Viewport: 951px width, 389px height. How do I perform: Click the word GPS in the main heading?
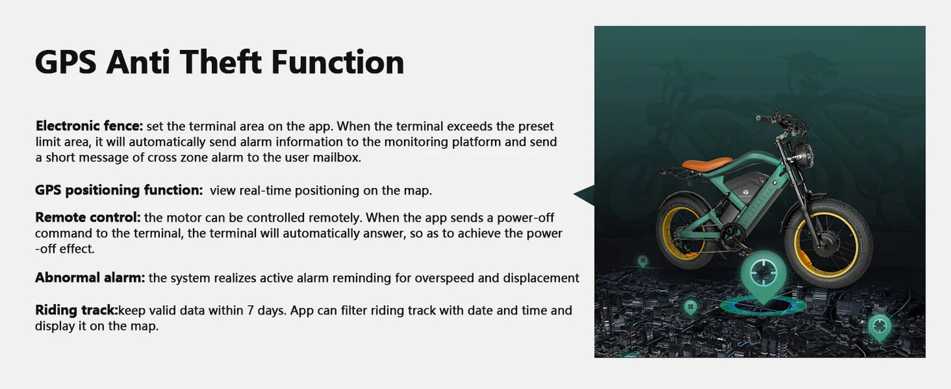[66, 62]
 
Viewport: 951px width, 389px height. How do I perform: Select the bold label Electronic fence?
[89, 126]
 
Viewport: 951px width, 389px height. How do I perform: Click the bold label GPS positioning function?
[119, 191]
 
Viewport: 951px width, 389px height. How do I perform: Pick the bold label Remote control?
[88, 217]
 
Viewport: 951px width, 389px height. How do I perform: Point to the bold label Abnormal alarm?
[90, 277]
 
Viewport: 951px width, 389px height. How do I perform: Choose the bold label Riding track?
[76, 310]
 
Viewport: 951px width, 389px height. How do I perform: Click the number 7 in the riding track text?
[251, 311]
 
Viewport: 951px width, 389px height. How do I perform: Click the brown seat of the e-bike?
[707, 164]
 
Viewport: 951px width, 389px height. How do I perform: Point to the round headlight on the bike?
[802, 156]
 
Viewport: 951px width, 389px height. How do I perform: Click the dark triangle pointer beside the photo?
[586, 195]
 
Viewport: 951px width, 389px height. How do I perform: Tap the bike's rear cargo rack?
[676, 172]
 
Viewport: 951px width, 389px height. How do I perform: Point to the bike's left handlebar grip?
[763, 119]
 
